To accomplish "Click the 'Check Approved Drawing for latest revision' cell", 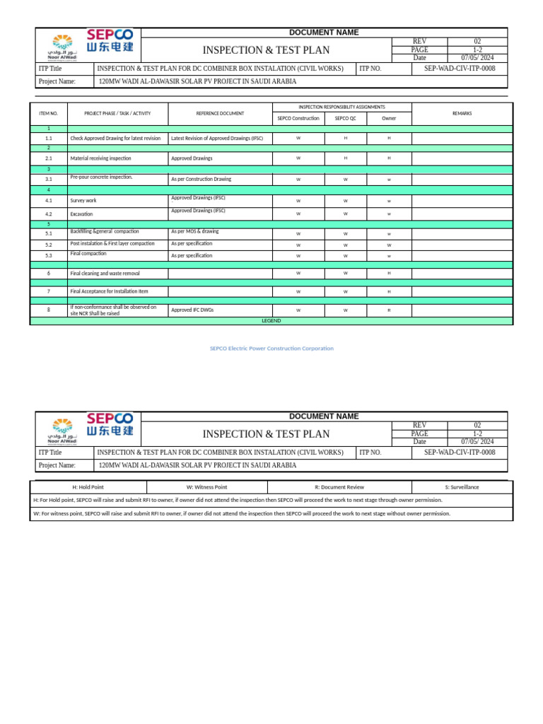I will point(115,139).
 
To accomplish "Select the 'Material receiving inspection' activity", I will point(100,158).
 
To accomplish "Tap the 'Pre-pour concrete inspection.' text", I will point(101,177).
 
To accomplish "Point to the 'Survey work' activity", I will point(83,201).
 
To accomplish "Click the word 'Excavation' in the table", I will point(81,214).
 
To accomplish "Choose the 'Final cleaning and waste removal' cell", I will point(105,273).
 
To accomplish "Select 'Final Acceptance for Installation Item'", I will point(109,291).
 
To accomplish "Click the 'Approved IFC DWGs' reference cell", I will point(192,310).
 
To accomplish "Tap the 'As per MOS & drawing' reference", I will point(195,231).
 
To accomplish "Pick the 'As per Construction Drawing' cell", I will point(201,180).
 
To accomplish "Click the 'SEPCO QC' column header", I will point(345,118).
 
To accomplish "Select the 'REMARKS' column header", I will point(462,113).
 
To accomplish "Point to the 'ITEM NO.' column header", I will point(49,113).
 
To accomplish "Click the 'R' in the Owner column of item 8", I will point(389,310).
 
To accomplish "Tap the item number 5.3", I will point(49,256).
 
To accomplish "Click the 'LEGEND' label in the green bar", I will point(271,321).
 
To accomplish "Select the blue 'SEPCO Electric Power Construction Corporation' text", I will point(271,349).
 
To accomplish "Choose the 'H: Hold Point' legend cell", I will point(88,487).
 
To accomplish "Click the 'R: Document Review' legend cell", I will point(339,487).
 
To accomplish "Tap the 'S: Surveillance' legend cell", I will point(462,487).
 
